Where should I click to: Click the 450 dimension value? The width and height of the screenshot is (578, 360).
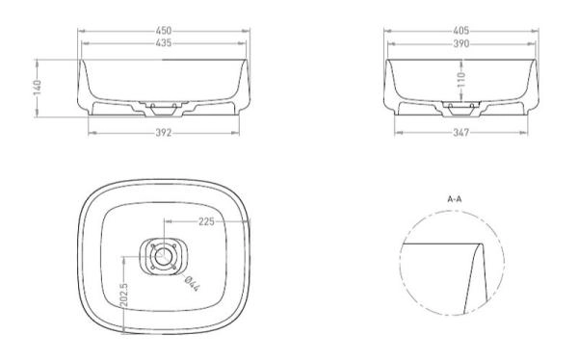pyautogui.click(x=163, y=32)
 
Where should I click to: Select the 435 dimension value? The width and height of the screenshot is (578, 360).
pyautogui.click(x=163, y=44)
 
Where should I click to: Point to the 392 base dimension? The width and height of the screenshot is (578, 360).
pyautogui.click(x=163, y=132)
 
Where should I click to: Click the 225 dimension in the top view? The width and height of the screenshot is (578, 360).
pyautogui.click(x=205, y=220)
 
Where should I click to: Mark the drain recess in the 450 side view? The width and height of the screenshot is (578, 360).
pyautogui.click(x=163, y=104)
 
